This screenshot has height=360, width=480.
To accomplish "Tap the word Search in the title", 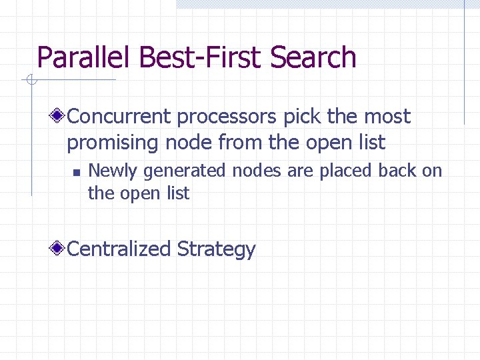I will coord(314,58).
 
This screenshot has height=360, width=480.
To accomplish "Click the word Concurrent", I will coord(120,117).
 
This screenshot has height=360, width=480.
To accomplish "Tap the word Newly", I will coord(113,171).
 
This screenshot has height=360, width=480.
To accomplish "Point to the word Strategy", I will coord(217,250).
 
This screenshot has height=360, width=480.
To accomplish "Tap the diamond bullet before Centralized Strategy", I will coord(59,249).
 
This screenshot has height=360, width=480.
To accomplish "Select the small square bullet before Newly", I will coord(76,172).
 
